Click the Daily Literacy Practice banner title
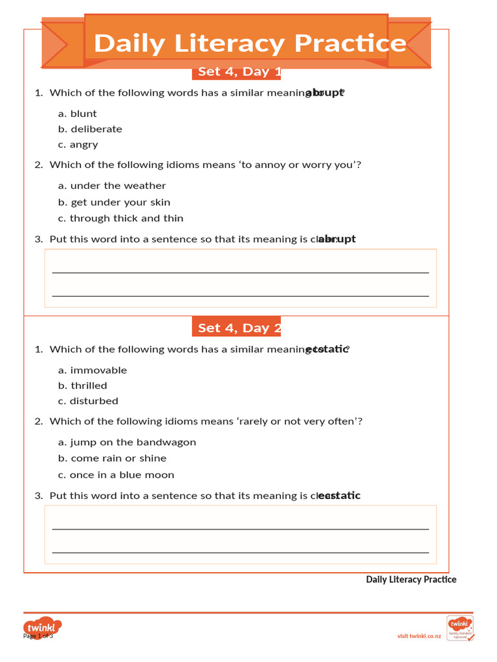pyautogui.click(x=250, y=43)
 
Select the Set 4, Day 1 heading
pyautogui.click(x=237, y=72)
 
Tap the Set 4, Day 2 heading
pyautogui.click(x=237, y=328)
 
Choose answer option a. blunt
pyautogui.click(x=77, y=114)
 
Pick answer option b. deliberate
pyautogui.click(x=90, y=129)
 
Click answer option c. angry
pyautogui.click(x=78, y=145)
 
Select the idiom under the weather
pyautogui.click(x=112, y=186)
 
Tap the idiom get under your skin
pyautogui.click(x=114, y=202)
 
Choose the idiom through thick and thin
pyautogui.click(x=120, y=219)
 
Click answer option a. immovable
pyautogui.click(x=93, y=370)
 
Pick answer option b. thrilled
pyautogui.click(x=82, y=386)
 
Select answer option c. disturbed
pyautogui.click(x=88, y=401)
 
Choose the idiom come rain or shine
pyautogui.click(x=112, y=458)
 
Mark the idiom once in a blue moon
pyautogui.click(x=116, y=475)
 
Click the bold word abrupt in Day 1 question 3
pyautogui.click(x=337, y=239)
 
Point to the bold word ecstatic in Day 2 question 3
pyautogui.click(x=340, y=496)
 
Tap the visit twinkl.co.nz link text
pyautogui.click(x=419, y=636)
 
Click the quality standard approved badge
pyautogui.click(x=460, y=628)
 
